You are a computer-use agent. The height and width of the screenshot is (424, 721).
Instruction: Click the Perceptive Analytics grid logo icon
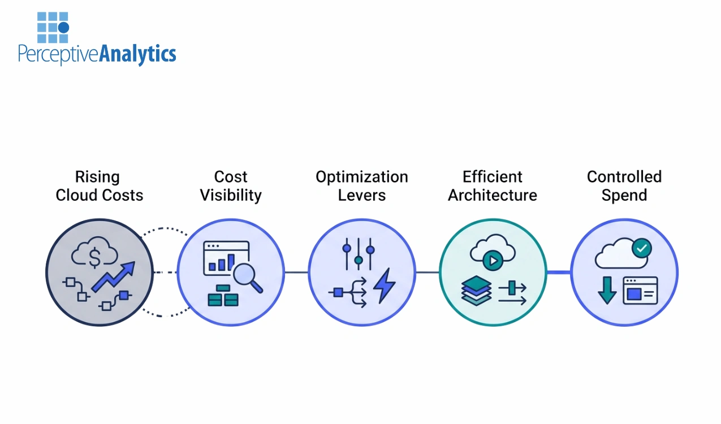point(53,27)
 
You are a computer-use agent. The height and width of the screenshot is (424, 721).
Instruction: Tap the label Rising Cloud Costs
point(99,186)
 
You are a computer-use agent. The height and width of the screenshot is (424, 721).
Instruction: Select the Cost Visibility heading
point(231,186)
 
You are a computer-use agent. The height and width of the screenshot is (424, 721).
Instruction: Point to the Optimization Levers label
point(362,186)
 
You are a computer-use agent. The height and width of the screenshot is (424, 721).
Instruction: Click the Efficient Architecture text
point(493,186)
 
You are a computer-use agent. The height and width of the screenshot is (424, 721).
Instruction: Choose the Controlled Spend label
point(624,186)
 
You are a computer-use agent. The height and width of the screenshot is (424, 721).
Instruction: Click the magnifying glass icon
point(248,278)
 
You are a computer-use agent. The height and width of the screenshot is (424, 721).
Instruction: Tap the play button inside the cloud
point(493,261)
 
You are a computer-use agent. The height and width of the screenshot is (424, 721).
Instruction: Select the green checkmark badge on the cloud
point(641,247)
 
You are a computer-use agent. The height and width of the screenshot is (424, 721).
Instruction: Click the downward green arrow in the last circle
point(607,289)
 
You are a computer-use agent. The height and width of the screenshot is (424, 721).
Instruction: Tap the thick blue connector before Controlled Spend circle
point(559,272)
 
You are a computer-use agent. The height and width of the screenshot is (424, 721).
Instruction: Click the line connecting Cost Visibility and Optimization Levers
point(296,272)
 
